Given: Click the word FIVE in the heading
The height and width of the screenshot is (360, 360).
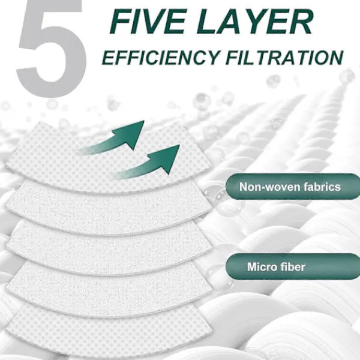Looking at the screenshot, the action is (x=148, y=22).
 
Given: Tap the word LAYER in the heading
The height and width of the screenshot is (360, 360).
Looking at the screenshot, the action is (x=254, y=22).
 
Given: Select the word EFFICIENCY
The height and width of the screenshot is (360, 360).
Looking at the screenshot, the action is (x=160, y=57).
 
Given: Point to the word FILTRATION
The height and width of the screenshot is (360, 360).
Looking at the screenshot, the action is (x=284, y=57).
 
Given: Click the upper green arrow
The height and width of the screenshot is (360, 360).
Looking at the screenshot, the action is (x=115, y=140).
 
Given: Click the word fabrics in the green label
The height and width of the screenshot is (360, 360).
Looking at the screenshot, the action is (x=322, y=187).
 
